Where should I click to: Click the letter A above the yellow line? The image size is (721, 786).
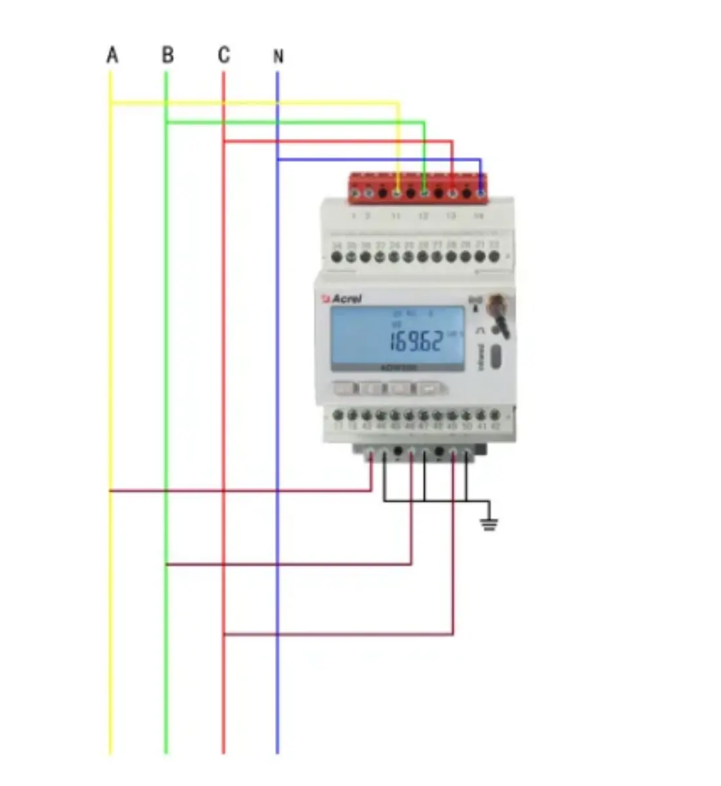point(112,55)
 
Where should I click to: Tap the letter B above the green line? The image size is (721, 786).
point(168,55)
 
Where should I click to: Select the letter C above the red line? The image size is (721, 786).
point(224,55)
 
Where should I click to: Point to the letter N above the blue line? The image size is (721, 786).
point(278,56)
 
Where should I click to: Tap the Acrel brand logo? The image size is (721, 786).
point(342,299)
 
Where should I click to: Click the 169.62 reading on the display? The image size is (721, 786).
point(416,341)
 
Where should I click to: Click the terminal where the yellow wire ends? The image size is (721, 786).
point(397,193)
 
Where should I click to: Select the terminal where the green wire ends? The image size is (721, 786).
point(425,193)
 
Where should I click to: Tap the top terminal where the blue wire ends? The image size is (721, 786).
point(480,193)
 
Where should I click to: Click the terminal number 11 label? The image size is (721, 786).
point(396,215)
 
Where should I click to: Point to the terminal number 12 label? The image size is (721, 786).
point(423,215)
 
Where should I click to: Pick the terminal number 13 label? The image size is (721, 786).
point(451,215)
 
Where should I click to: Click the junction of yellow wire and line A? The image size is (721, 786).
point(111,103)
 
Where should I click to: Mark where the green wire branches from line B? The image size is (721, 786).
point(166,122)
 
